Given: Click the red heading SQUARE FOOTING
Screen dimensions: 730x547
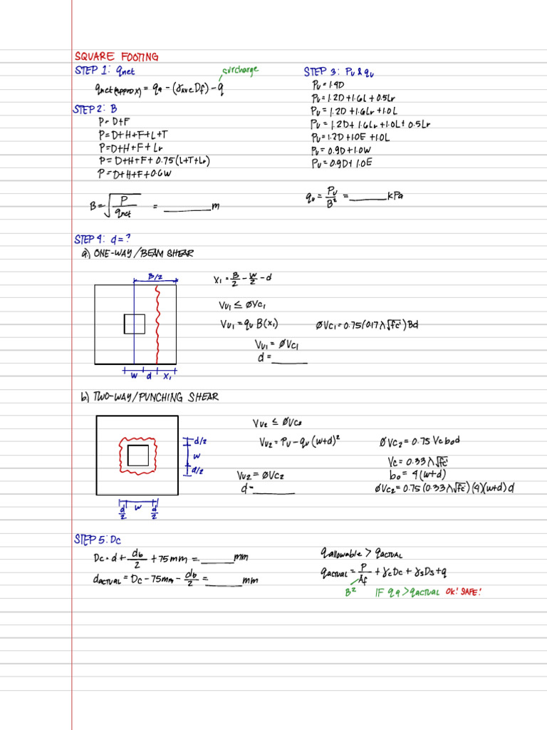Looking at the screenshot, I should pos(117,56).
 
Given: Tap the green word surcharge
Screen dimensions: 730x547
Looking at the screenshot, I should pos(240,70).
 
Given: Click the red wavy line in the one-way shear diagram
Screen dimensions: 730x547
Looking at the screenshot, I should pos(157,324).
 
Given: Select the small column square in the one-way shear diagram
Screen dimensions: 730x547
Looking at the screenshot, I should pos(135,324).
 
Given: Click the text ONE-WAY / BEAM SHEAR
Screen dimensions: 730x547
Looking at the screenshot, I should pos(142,253).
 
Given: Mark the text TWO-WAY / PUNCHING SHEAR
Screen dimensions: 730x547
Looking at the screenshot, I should pos(154,397).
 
